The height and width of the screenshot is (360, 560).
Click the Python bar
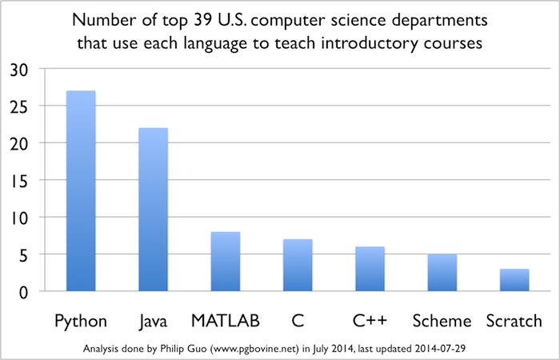81,191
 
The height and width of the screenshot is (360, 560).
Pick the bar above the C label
298,265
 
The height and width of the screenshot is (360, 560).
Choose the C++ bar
370,269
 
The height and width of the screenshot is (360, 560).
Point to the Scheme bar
442,273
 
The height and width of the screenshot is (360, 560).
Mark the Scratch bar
514,280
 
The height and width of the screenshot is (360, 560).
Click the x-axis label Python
81,321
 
